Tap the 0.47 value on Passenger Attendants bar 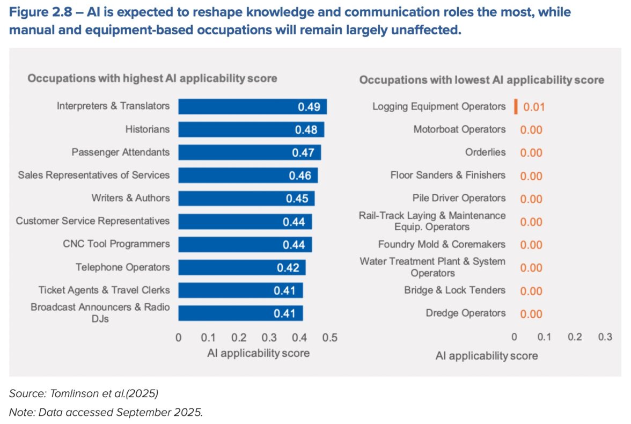[x=303, y=152]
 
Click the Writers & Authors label [x=130, y=198]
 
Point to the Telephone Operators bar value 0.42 [x=288, y=268]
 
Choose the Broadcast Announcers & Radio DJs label [x=100, y=313]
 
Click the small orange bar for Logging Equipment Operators [x=516, y=106]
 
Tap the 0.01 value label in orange [x=534, y=107]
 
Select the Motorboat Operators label [x=459, y=129]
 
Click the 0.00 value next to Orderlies [x=531, y=153]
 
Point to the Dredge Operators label [x=466, y=313]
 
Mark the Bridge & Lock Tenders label [x=454, y=290]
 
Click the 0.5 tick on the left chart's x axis [x=331, y=338]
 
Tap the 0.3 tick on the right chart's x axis [x=605, y=337]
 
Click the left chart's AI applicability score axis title [x=258, y=353]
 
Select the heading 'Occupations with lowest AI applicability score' [x=481, y=80]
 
